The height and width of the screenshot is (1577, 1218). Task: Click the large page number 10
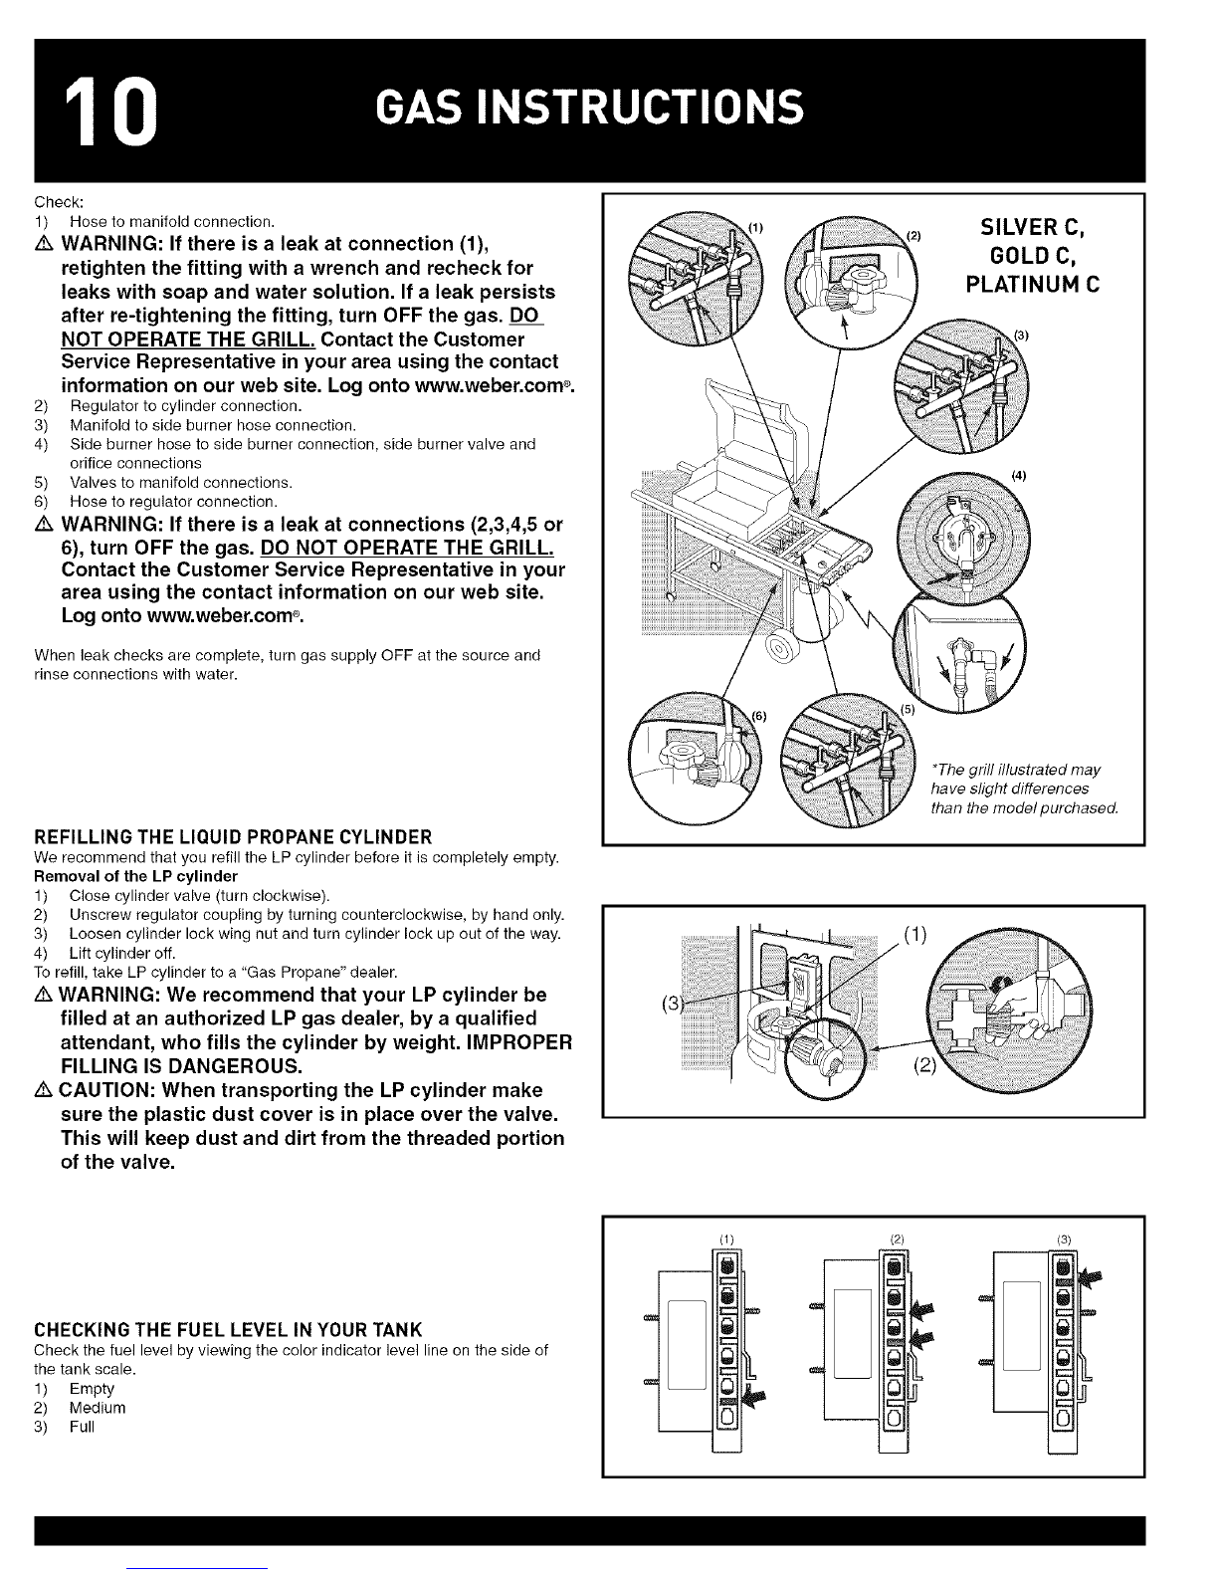[x=111, y=108]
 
